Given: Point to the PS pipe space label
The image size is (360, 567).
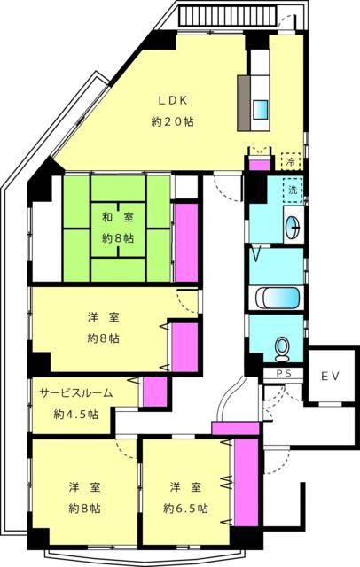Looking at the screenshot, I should click(x=284, y=374).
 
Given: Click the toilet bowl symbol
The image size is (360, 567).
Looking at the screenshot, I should click(x=283, y=346).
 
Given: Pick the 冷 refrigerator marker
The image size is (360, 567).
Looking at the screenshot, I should click(x=289, y=161).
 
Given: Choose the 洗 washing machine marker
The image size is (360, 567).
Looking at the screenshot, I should click(x=292, y=189).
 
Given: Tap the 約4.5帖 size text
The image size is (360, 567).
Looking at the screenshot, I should click(x=75, y=415).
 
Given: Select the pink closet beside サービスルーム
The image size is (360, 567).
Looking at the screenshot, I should click(x=154, y=392).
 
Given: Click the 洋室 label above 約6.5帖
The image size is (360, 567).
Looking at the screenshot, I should click(x=185, y=487).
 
